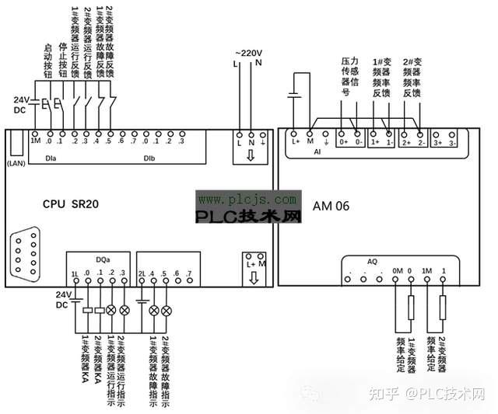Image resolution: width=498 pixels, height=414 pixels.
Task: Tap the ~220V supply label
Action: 249,52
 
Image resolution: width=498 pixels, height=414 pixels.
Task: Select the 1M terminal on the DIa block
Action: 36,141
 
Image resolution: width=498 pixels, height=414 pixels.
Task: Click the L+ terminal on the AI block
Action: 296,142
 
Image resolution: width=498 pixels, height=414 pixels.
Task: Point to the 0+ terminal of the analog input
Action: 343,142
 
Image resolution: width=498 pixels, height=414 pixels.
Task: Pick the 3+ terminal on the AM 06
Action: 437,142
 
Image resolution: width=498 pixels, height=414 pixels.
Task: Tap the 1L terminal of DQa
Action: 75,273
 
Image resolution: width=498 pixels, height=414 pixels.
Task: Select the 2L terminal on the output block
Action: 142,273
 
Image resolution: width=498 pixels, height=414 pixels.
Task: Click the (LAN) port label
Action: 16,164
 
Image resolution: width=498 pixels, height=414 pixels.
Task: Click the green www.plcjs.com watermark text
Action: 248,199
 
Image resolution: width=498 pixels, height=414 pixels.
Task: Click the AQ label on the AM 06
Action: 372,261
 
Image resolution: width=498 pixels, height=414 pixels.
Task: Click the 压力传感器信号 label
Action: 348,76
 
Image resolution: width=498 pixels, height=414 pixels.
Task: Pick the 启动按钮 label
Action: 47,62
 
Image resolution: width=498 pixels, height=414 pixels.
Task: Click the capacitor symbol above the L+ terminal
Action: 293,96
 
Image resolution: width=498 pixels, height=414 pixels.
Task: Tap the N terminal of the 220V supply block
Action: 251,142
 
